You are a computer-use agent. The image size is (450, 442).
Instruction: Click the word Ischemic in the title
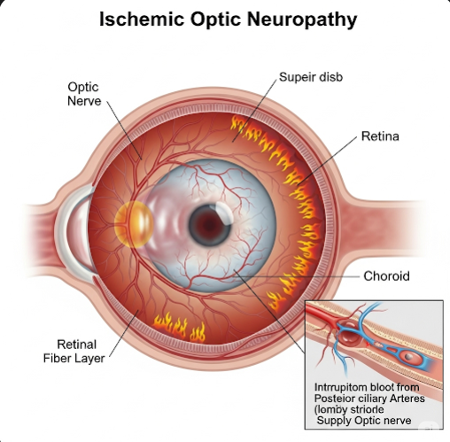[142, 19]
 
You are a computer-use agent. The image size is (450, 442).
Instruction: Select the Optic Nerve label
[84, 94]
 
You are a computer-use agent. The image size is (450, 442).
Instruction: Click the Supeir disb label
[311, 77]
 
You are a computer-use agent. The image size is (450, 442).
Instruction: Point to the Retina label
[380, 136]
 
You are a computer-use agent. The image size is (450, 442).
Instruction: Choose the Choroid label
[386, 276]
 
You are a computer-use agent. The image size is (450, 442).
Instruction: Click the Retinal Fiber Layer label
[74, 352]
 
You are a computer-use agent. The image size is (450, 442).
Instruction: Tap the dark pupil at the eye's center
[209, 225]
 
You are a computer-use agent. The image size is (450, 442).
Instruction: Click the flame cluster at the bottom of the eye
[179, 327]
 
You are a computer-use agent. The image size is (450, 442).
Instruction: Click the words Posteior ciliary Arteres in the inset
[369, 399]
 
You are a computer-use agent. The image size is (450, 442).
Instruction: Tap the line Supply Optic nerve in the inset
[364, 421]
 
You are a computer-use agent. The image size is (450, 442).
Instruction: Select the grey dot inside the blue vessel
[408, 357]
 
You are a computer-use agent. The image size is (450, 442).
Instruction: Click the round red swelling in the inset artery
[349, 334]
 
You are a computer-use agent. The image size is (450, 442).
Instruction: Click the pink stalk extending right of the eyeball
[384, 229]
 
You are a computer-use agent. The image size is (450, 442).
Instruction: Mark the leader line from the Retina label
[327, 161]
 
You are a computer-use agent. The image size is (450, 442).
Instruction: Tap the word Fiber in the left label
[57, 359]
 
